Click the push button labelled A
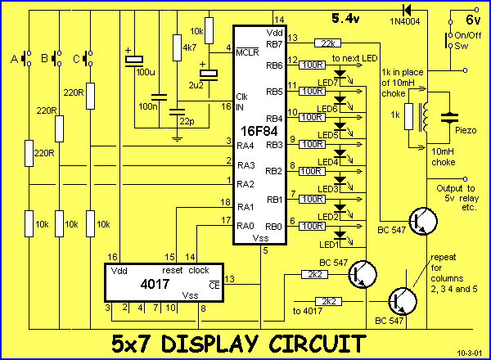[x=30, y=59]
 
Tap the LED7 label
[x=329, y=82]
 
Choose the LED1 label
[x=329, y=244]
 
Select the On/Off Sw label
[x=468, y=41]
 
